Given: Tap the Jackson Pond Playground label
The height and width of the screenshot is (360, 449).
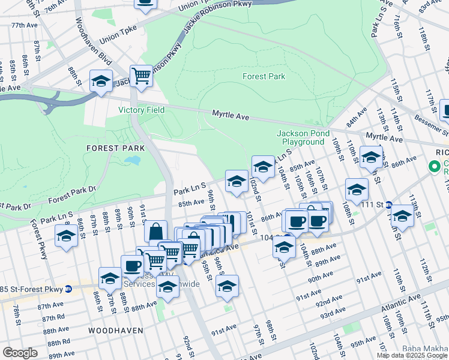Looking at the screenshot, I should tap(300, 137).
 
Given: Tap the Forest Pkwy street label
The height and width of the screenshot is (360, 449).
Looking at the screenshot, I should tap(43, 242).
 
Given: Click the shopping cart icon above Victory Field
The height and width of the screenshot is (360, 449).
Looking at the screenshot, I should tap(141, 76).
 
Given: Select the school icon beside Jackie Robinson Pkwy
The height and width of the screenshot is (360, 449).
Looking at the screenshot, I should tap(101, 80).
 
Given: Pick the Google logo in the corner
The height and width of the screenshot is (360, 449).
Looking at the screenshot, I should tap(20, 353).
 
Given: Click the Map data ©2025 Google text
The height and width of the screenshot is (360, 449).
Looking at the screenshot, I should tap(412, 355).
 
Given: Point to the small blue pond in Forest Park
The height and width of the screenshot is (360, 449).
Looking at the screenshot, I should tap(133, 161).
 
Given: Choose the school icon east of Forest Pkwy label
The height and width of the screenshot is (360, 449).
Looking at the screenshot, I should tap(66, 236).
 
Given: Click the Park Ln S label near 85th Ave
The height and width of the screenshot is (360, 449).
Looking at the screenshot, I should tap(190, 190).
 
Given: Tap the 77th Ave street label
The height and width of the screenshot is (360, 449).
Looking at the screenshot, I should tap(24, 25).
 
